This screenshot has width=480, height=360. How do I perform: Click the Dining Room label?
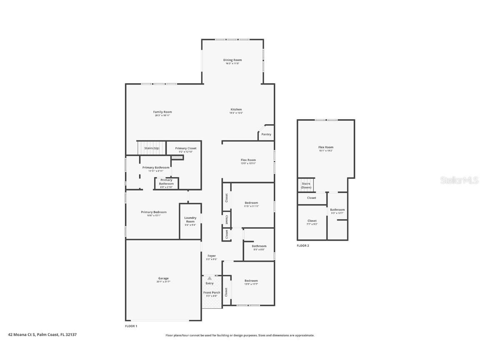232,60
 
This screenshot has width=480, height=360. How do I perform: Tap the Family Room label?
162,112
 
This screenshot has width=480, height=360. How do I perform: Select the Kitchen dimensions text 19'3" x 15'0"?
236,113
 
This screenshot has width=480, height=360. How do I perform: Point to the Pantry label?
266,134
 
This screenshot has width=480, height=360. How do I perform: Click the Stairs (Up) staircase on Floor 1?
151,148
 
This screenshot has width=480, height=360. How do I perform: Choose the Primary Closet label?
185,148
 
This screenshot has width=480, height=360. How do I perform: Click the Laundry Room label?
190,219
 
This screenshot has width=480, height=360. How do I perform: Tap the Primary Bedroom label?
153,212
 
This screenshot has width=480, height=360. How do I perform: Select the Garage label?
163,278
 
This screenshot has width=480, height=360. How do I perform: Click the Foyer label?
212,256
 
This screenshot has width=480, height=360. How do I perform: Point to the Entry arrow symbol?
209,278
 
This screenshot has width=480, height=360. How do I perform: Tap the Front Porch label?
212,292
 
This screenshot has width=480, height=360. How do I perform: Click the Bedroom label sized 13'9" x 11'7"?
251,280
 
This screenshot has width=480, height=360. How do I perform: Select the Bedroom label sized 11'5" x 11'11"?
251,202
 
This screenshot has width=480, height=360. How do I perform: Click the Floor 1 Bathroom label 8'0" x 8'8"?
259,246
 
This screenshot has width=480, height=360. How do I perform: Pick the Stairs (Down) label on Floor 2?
306,185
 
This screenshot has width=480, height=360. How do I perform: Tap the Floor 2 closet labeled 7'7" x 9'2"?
312,221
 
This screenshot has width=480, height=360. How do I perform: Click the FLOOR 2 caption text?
303,246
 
